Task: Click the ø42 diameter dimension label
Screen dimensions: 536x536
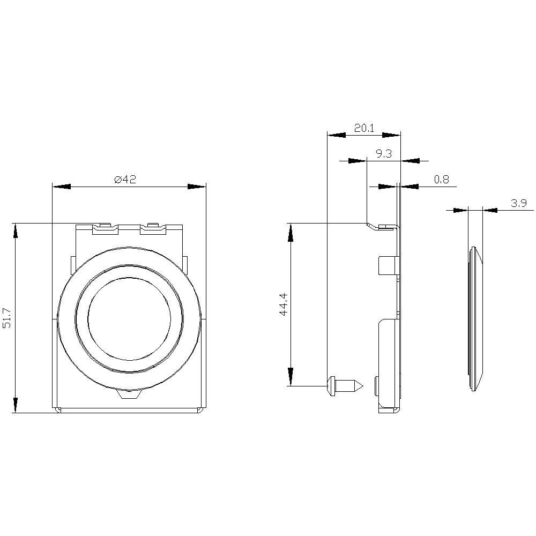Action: tap(125, 180)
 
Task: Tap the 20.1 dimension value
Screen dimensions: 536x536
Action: tap(364, 128)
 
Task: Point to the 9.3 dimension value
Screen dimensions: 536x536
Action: tap(383, 154)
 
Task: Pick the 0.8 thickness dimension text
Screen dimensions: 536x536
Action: tap(442, 180)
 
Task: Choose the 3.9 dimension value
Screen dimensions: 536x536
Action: tap(518, 203)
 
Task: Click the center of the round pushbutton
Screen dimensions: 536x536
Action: tap(129, 318)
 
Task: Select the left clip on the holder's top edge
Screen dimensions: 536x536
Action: tap(105, 228)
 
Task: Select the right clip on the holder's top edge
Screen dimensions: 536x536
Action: tap(153, 228)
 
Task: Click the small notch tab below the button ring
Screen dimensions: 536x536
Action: tap(129, 395)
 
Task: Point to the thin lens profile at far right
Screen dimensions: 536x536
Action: tap(475, 318)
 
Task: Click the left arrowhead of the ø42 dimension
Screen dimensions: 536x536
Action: tap(62, 187)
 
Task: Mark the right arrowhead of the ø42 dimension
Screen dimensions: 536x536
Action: tap(197, 187)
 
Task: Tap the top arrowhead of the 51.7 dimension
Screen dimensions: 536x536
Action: tap(16, 232)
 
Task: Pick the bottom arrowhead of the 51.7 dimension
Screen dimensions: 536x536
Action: tap(16, 405)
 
